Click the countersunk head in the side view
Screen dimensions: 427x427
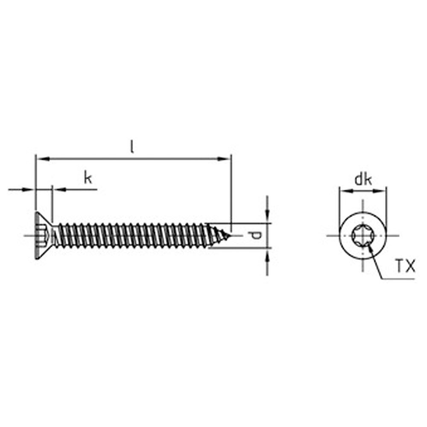tap(43, 235)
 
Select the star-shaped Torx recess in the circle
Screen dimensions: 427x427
tap(363, 235)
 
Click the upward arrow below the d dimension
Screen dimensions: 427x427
tap(267, 254)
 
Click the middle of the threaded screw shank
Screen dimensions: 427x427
tap(132, 235)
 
